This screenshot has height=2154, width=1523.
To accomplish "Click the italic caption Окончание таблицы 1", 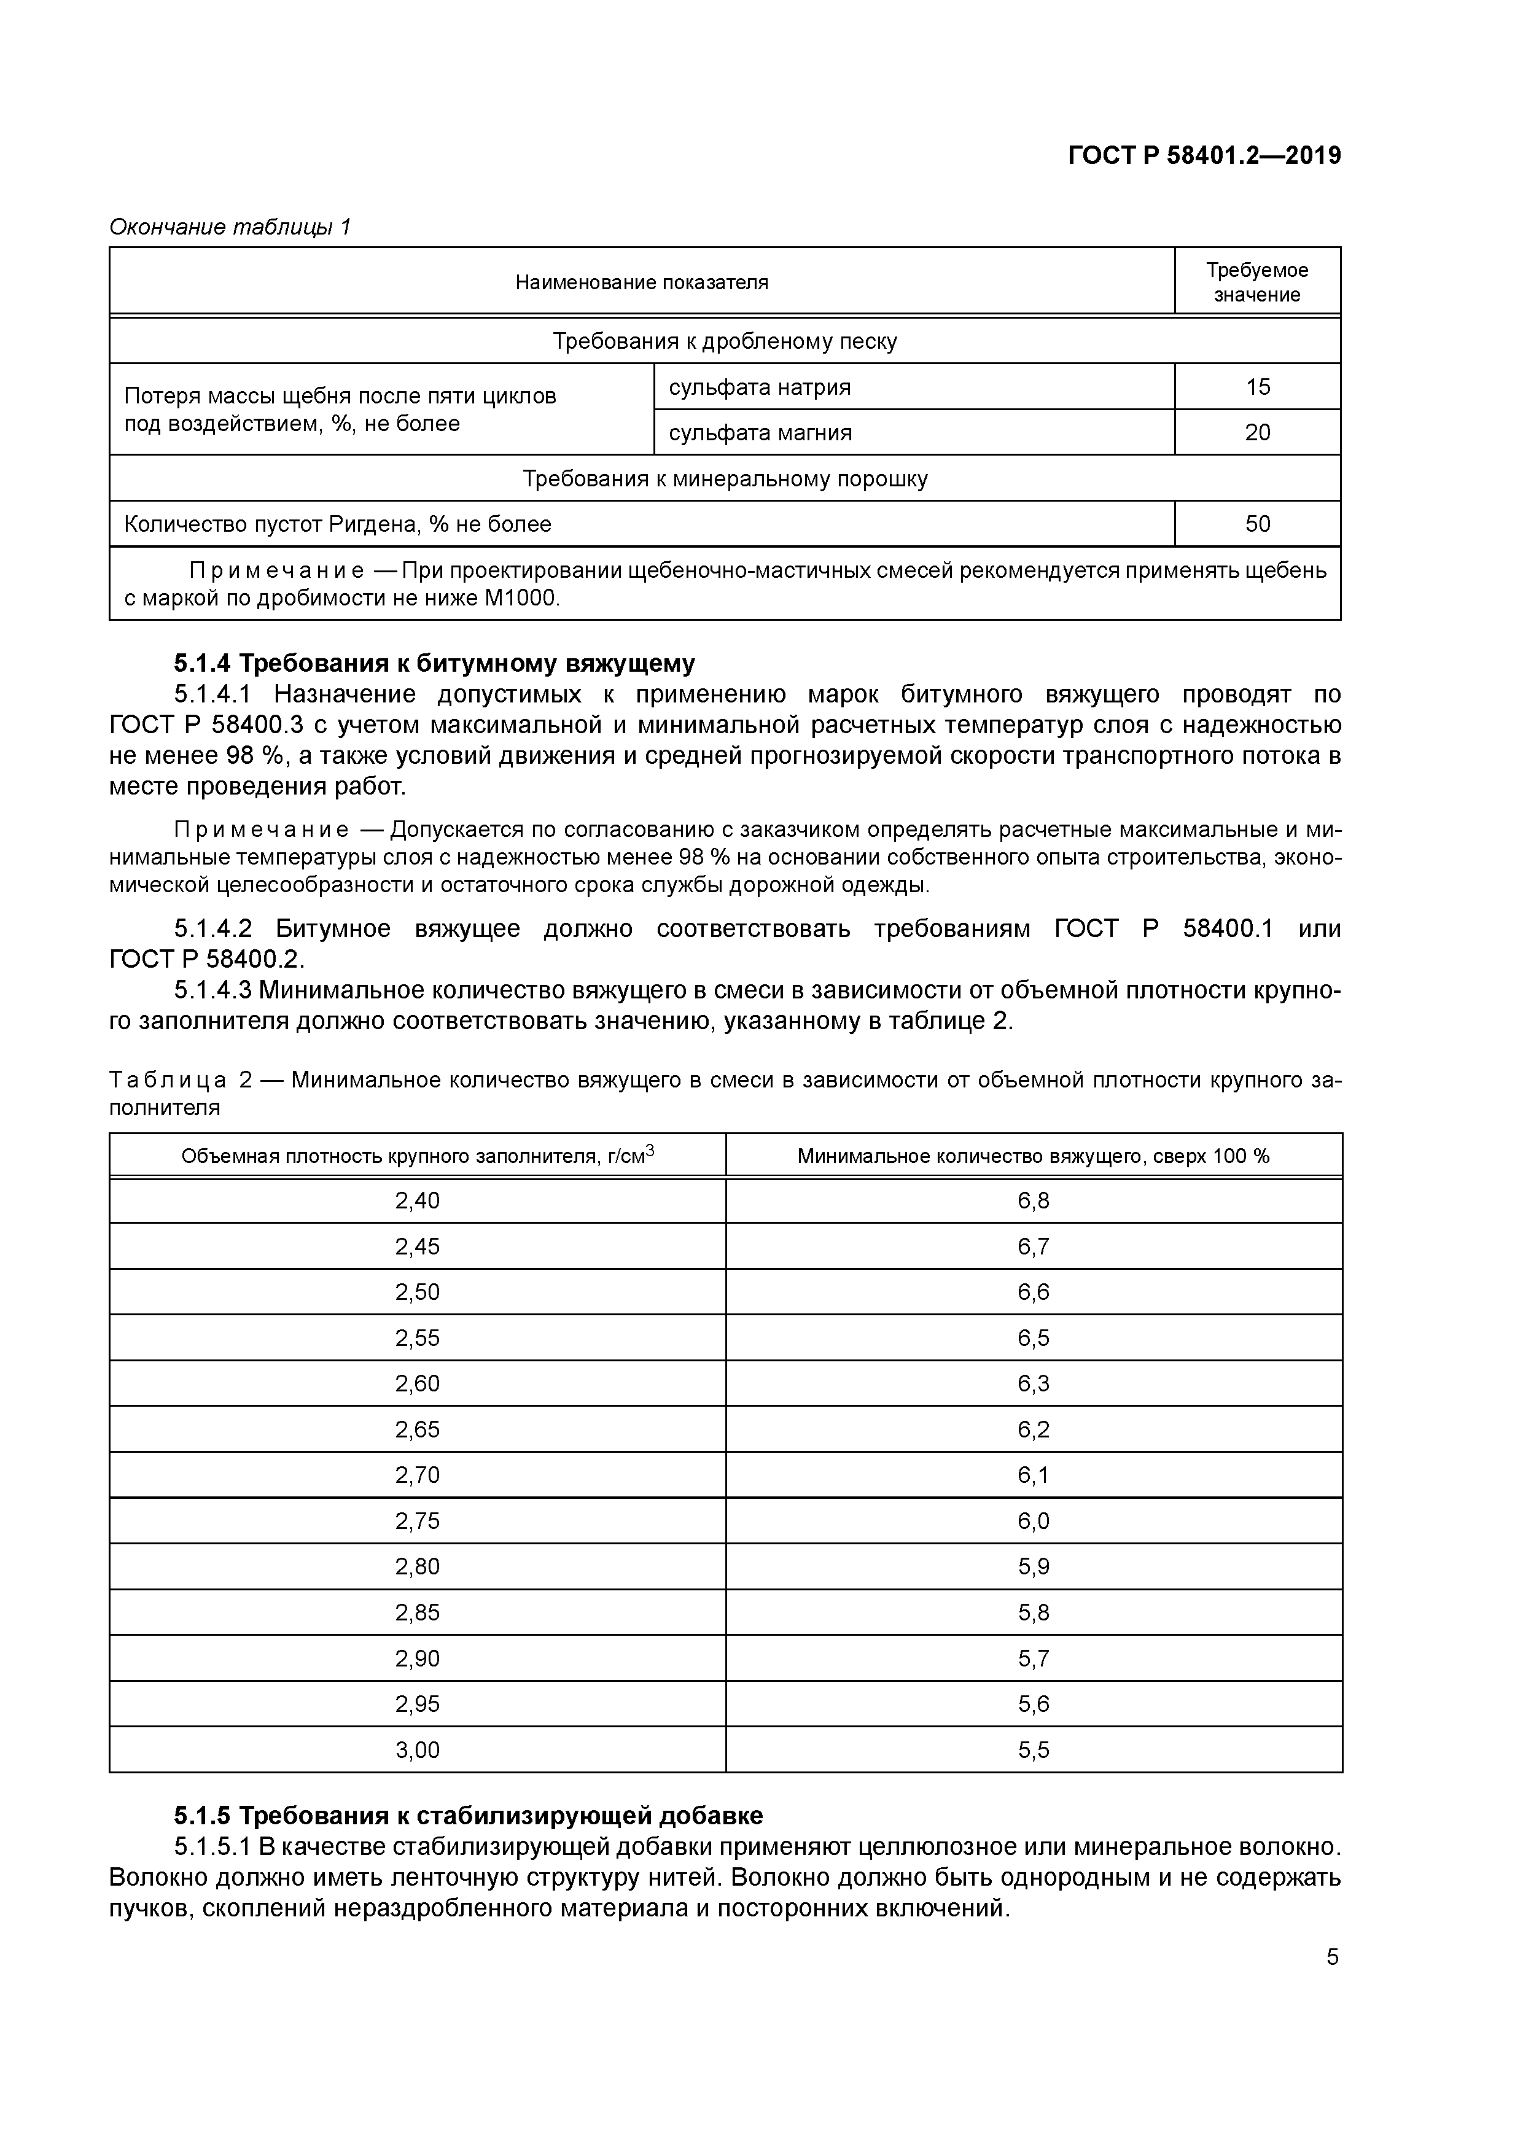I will pyautogui.click(x=230, y=227).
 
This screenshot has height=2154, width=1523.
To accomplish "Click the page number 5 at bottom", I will pyautogui.click(x=1331, y=1957).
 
